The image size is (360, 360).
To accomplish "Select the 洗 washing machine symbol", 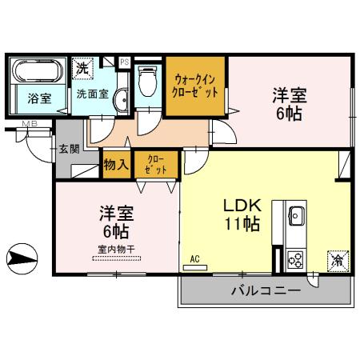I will (82, 68).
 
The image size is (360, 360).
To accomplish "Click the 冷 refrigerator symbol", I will (337, 260).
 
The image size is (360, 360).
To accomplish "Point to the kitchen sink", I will (294, 215).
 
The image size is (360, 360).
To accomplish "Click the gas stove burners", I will (294, 259).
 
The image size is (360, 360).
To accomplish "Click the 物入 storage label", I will (116, 165).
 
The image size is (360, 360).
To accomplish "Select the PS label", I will (124, 61).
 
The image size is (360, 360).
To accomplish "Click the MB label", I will (30, 123).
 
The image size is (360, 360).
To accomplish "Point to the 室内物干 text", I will (117, 249).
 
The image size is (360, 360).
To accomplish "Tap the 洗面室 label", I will (91, 93).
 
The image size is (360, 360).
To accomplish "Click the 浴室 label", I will (38, 100).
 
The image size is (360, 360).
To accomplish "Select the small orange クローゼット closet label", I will (152, 165).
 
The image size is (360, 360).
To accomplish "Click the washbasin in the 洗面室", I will (121, 101).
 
